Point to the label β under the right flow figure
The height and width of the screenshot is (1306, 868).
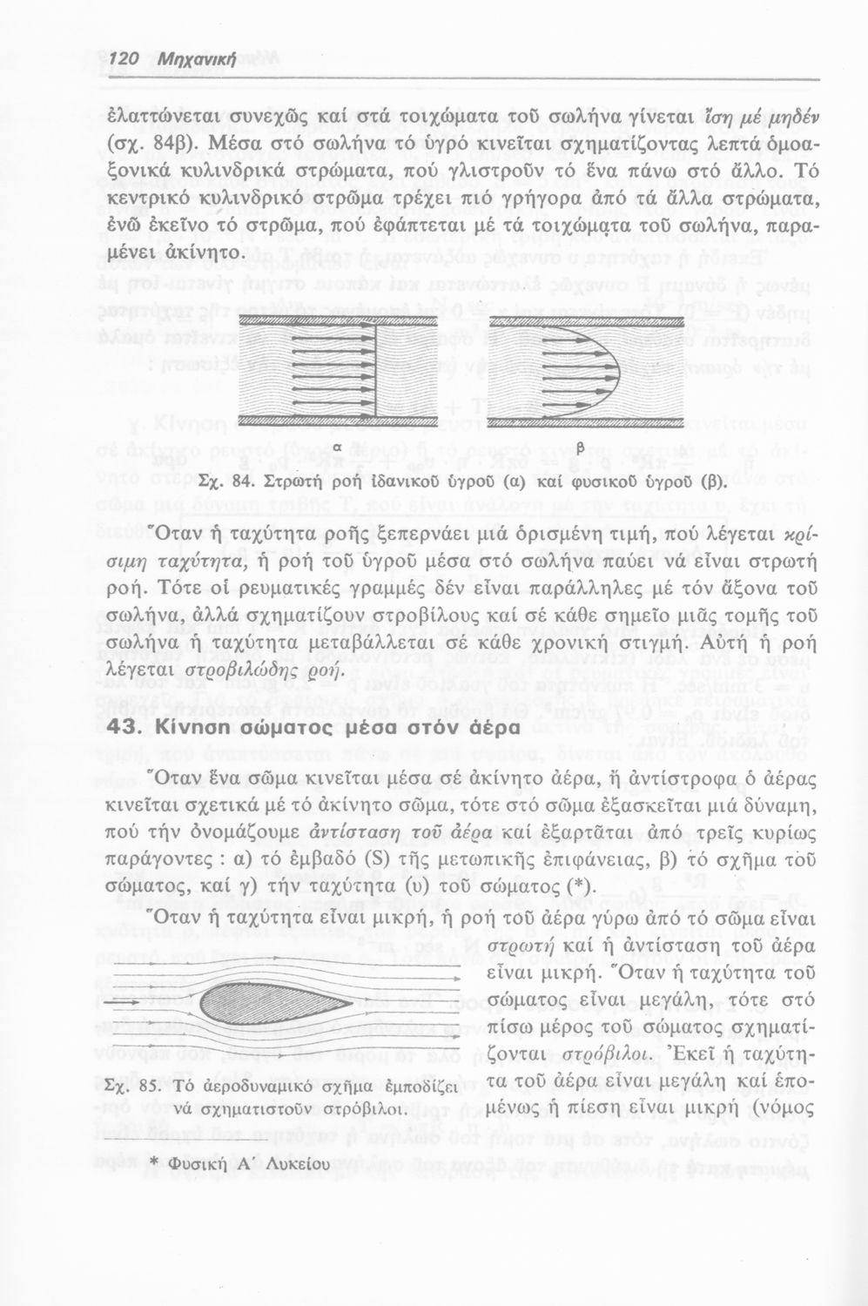pos(578,447)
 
